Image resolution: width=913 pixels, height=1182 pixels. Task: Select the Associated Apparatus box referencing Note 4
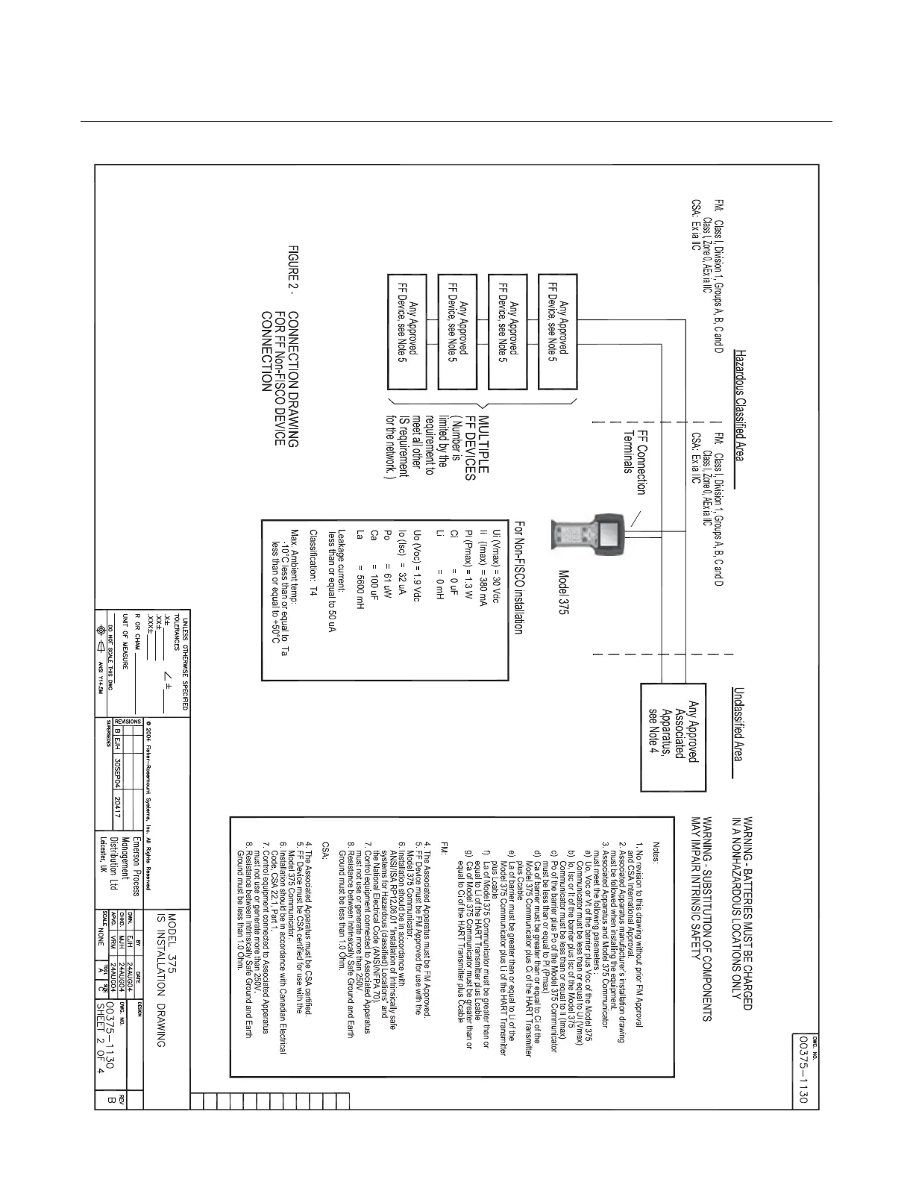[x=674, y=736]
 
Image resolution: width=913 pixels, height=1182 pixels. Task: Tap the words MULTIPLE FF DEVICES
[x=477, y=445]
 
